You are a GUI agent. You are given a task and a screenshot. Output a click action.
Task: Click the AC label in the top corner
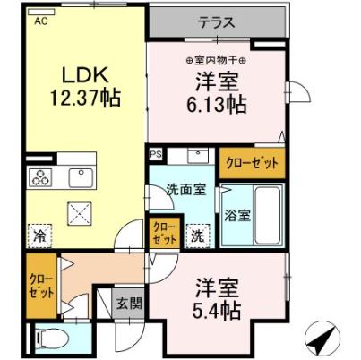[42, 23]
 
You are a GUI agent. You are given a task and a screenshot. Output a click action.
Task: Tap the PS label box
[156, 154]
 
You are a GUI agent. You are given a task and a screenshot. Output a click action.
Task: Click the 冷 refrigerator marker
[40, 236]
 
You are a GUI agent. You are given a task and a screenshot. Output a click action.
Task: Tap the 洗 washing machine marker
[197, 236]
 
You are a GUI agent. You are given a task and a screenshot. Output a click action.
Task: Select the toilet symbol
[56, 339]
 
